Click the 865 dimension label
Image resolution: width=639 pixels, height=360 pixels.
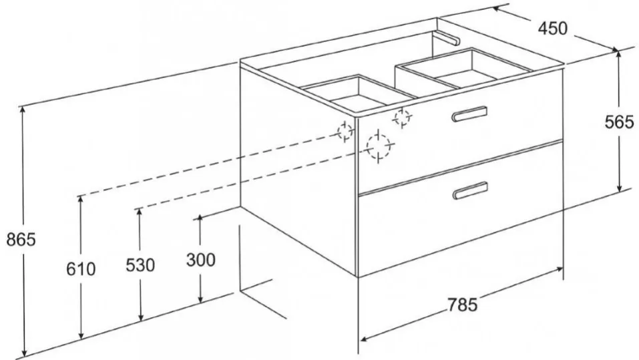click(21, 239)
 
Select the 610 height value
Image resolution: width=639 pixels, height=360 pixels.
click(81, 269)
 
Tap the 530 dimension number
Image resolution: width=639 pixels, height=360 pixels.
click(140, 265)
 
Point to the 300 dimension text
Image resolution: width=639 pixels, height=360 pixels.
click(200, 260)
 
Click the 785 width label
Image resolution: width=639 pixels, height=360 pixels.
click(462, 304)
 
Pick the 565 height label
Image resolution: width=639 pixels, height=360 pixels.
click(619, 122)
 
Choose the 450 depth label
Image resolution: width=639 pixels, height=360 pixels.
click(553, 28)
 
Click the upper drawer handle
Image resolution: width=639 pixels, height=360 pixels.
click(469, 114)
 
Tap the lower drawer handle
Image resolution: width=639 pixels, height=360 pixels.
click(470, 190)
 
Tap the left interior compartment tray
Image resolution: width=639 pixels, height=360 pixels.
click(358, 94)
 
